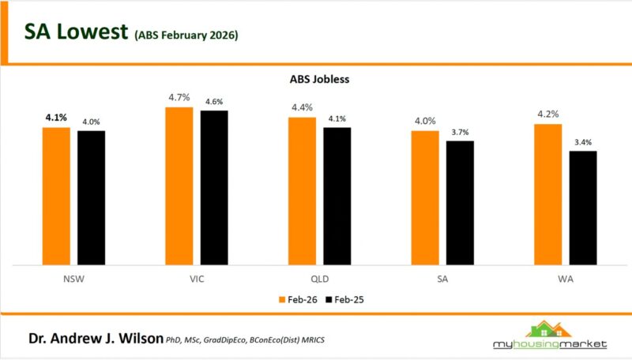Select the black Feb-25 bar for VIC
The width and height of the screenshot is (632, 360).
click(213, 187)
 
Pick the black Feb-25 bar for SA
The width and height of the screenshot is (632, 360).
click(460, 202)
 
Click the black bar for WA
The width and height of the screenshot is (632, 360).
click(583, 207)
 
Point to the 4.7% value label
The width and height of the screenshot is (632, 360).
click(179, 98)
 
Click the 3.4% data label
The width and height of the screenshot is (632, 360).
click(583, 142)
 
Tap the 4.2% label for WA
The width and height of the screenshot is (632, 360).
click(548, 114)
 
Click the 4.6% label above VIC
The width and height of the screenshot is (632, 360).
click(213, 102)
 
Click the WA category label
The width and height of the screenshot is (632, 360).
click(566, 278)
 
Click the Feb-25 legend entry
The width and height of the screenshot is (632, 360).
click(345, 300)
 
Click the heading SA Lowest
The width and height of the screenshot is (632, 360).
click(74, 32)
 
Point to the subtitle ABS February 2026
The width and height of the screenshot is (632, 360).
click(186, 36)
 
